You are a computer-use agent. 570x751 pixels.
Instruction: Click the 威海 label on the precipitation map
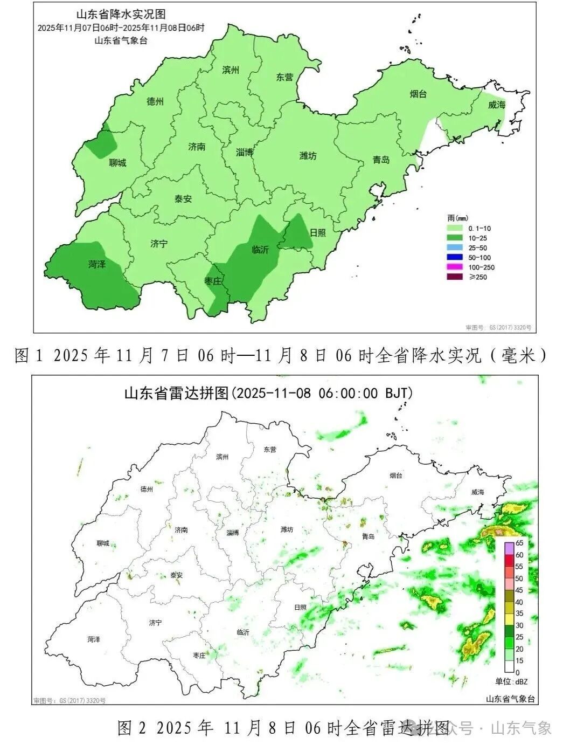(x=497, y=105)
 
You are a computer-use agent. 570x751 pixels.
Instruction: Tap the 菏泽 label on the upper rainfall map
(x=97, y=264)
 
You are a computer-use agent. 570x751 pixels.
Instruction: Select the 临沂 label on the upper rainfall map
(x=260, y=250)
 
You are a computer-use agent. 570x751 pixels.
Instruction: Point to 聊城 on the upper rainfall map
(x=117, y=163)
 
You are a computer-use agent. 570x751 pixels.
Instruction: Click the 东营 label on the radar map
(x=269, y=449)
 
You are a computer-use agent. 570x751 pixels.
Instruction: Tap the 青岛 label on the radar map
(x=368, y=536)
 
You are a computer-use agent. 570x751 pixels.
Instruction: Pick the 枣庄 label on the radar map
(x=199, y=655)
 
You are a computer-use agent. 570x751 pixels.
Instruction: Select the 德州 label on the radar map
(x=147, y=489)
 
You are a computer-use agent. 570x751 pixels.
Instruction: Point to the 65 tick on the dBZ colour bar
(x=519, y=543)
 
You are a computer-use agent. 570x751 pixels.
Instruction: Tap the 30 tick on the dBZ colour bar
(x=519, y=625)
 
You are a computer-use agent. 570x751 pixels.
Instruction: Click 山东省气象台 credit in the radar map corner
(x=510, y=699)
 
